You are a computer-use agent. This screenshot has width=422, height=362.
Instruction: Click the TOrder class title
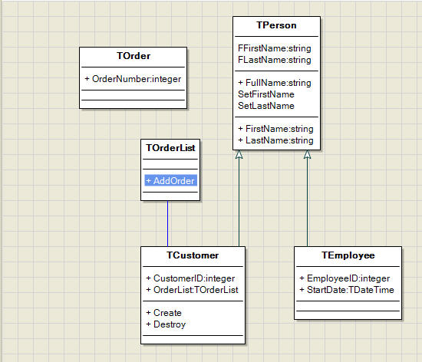click(x=134, y=56)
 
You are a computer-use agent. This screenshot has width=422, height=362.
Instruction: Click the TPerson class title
click(x=276, y=25)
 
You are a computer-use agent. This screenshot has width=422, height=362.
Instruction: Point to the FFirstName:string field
click(x=275, y=48)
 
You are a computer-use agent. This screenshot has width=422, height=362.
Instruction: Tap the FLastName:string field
click(x=275, y=60)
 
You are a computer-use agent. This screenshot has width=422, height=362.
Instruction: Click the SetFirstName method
click(x=266, y=94)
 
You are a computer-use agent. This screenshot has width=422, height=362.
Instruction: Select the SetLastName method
click(x=266, y=106)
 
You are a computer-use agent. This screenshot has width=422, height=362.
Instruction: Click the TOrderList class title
click(x=170, y=148)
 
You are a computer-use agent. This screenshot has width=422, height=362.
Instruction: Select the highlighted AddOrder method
click(x=170, y=181)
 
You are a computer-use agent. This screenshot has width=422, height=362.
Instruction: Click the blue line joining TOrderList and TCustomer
click(x=168, y=223)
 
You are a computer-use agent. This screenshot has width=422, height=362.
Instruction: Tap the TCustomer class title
click(x=193, y=255)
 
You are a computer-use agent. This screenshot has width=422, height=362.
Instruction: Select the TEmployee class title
click(x=348, y=255)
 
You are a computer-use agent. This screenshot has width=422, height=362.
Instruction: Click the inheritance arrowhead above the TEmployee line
click(x=308, y=154)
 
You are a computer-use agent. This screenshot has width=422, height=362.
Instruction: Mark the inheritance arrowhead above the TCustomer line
click(x=239, y=154)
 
